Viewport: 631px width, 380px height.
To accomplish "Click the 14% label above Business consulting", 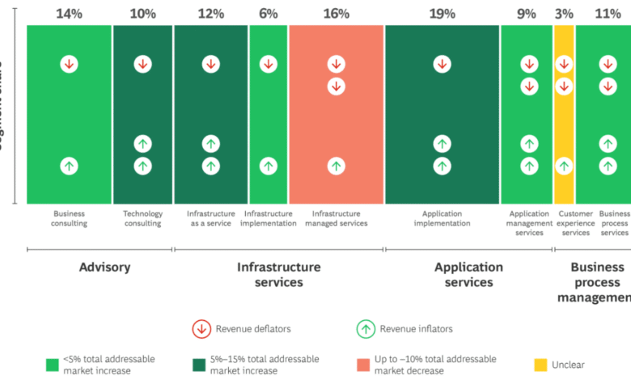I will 69,14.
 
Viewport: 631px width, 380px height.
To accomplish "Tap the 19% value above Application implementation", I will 442,14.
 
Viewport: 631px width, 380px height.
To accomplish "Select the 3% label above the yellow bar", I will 564,14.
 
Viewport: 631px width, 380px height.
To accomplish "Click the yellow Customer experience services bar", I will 564,113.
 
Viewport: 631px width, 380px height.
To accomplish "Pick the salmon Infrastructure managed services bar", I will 336,121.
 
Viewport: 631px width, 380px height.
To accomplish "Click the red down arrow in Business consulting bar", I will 69,64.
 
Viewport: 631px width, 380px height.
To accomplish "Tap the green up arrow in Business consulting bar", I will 69,166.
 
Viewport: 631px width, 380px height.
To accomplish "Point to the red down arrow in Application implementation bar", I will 442,64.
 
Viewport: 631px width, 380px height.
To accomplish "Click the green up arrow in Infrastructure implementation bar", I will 268,166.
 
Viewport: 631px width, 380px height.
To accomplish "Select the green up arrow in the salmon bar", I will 336,166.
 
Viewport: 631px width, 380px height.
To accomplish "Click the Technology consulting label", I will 142,218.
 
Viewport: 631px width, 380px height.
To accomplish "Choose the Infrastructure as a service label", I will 210,218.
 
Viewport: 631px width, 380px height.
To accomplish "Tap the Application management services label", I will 529,223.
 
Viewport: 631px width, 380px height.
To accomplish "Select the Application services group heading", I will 468,275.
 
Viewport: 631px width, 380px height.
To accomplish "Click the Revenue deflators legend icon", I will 201,328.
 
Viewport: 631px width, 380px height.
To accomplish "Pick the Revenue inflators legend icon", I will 366,328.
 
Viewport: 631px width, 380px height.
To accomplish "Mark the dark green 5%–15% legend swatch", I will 198,364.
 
